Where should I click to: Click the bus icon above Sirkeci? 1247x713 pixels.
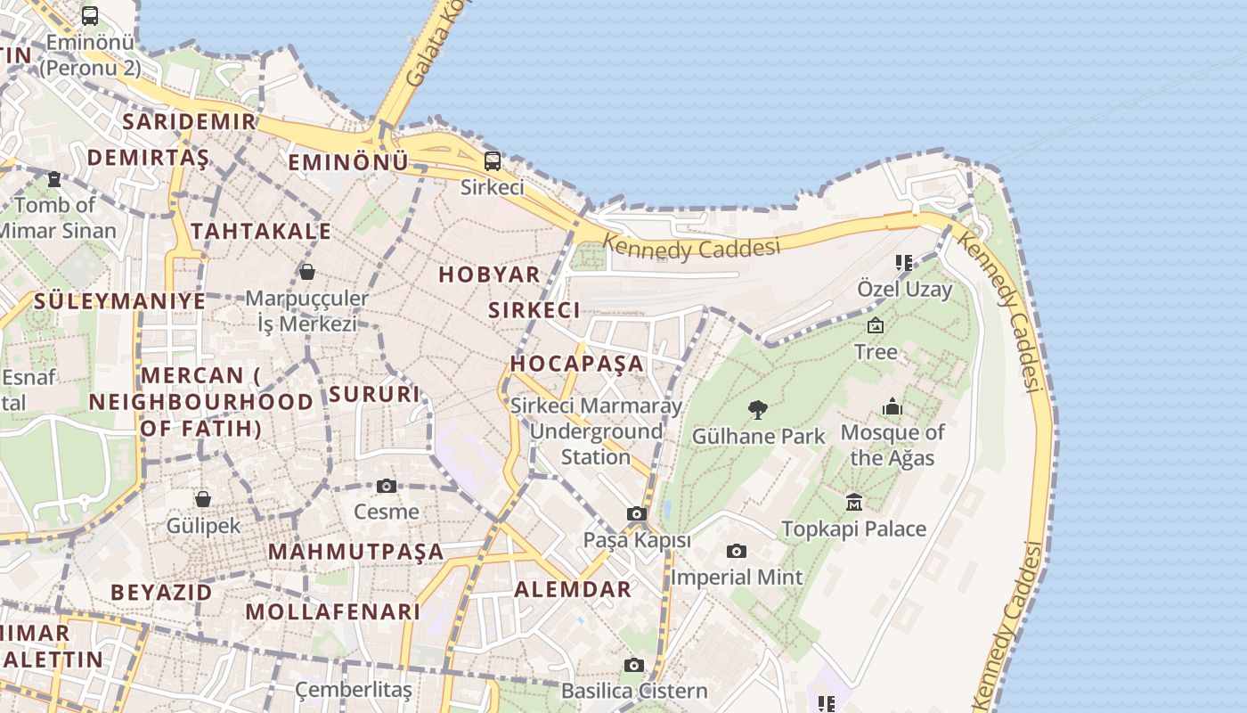coord(492,161)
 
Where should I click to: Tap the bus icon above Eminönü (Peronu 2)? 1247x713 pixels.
coord(90,15)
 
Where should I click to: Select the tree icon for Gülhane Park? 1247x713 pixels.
coord(758,410)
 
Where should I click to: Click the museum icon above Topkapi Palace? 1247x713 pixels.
coord(854,503)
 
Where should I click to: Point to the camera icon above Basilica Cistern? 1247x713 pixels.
coord(634,665)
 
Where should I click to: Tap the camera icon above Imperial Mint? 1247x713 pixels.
coord(736,551)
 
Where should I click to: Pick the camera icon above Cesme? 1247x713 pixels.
coord(386,486)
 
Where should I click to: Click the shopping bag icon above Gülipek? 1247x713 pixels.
coord(203,499)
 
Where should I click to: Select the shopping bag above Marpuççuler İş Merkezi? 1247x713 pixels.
coord(307,271)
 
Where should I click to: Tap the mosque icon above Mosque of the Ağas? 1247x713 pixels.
coord(892,407)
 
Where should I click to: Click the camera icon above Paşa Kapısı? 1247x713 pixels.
coord(636,513)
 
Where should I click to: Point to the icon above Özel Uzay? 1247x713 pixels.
coord(904,263)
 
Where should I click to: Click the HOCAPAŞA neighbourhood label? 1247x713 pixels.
coord(576,364)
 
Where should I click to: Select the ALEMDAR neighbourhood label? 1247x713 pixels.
coord(573,589)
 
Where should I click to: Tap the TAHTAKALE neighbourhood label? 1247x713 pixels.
coord(261,232)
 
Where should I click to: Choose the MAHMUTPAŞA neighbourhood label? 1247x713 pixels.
coord(355,552)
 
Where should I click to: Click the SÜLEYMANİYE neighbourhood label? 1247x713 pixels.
coord(119,301)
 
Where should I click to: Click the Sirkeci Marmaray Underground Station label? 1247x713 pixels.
coord(596,431)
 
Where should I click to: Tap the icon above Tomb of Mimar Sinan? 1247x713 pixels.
coord(54,179)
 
